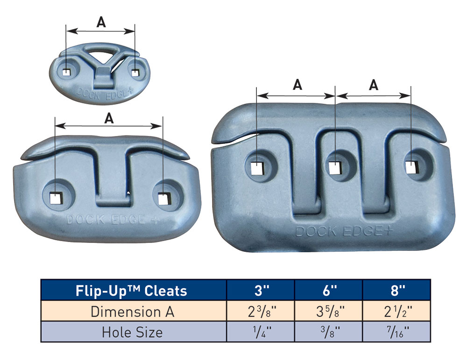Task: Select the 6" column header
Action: click(329, 291)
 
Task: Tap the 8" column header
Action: click(396, 291)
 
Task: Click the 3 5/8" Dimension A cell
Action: click(329, 311)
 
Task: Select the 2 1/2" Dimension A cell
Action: click(396, 311)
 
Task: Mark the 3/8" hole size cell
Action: click(329, 332)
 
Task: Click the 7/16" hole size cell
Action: click(396, 332)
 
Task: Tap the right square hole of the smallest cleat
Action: click(135, 72)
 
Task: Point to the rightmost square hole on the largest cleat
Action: click(410, 166)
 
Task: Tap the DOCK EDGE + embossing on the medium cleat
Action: click(108, 219)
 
